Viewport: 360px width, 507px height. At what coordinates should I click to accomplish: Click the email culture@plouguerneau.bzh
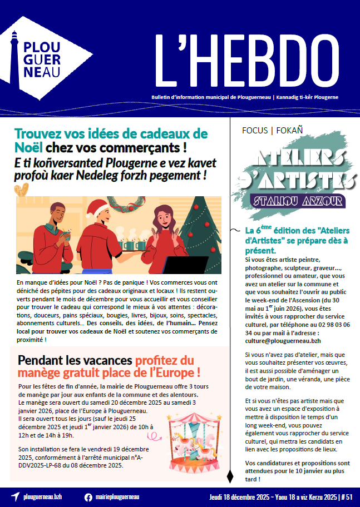coord(283,341)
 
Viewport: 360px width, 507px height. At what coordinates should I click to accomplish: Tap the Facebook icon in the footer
coord(88,497)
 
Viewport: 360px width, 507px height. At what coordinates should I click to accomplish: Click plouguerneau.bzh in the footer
coord(46,497)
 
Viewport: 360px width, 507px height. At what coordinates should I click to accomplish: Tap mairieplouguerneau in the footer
coord(118,497)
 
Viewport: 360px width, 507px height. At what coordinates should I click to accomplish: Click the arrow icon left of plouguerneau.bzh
coord(15,497)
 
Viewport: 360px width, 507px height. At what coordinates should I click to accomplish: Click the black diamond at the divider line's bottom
coord(230,476)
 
